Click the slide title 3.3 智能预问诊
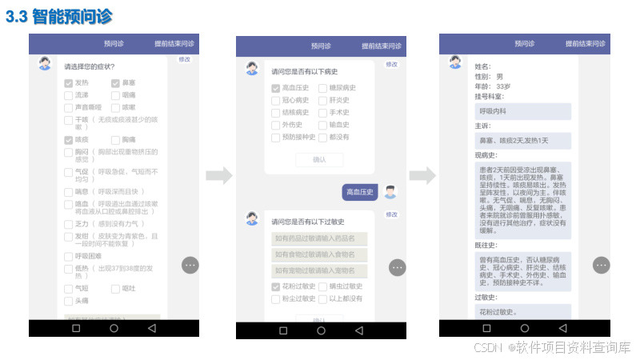59,16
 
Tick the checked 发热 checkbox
69,82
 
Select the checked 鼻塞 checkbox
115,82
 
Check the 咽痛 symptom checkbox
115,94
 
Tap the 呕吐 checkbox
115,288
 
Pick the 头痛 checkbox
69,300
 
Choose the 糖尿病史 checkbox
322,88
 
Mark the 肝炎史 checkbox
322,100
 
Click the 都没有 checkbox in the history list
322,136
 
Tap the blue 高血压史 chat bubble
359,192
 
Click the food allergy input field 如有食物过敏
318,254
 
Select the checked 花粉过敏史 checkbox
276,286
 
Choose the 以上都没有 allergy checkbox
322,298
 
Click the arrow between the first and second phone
218,175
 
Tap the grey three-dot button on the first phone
190,265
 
